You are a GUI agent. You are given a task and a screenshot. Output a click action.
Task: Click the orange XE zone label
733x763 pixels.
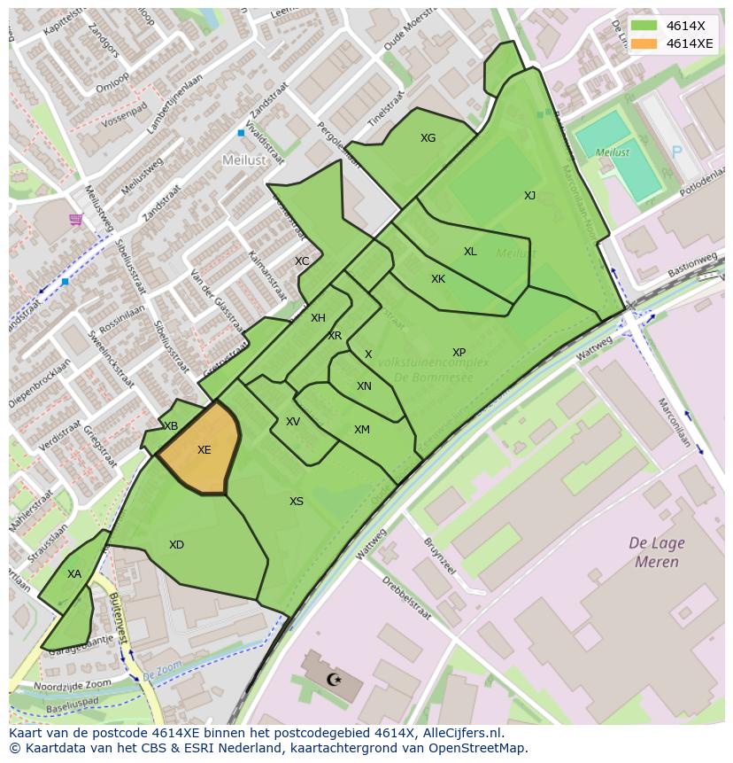coord(204,450)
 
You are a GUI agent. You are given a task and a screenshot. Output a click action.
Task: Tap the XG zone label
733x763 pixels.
coord(428,138)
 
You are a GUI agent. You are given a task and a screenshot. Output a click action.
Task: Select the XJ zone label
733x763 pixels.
coord(529,196)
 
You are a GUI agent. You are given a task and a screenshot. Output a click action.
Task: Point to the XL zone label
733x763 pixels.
coord(470,252)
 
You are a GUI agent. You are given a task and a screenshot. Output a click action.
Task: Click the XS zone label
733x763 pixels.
coord(297,502)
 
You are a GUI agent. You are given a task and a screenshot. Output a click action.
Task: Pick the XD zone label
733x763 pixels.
coord(176,545)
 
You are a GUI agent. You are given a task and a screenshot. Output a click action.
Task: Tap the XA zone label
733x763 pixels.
coord(74,574)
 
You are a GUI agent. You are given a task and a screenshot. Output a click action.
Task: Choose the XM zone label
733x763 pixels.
coord(362,430)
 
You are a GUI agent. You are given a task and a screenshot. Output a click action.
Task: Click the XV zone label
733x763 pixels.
coord(293,422)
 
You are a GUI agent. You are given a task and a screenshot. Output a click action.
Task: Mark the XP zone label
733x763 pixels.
coord(459,353)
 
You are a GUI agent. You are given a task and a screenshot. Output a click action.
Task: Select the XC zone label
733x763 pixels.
coord(302,261)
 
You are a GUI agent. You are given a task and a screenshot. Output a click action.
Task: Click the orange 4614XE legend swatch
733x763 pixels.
coord(644,43)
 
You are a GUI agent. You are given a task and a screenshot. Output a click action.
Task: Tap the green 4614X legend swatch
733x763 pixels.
coord(644,26)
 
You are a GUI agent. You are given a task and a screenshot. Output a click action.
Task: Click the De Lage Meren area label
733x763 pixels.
coord(656,552)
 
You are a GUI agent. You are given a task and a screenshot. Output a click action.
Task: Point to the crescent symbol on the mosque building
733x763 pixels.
coord(334,680)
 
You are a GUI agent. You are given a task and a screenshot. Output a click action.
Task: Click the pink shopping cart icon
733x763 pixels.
coord(76,219)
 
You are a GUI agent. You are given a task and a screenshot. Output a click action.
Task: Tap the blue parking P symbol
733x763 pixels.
coord(677,152)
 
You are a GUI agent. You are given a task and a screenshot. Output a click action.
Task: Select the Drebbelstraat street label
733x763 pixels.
coord(412,598)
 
